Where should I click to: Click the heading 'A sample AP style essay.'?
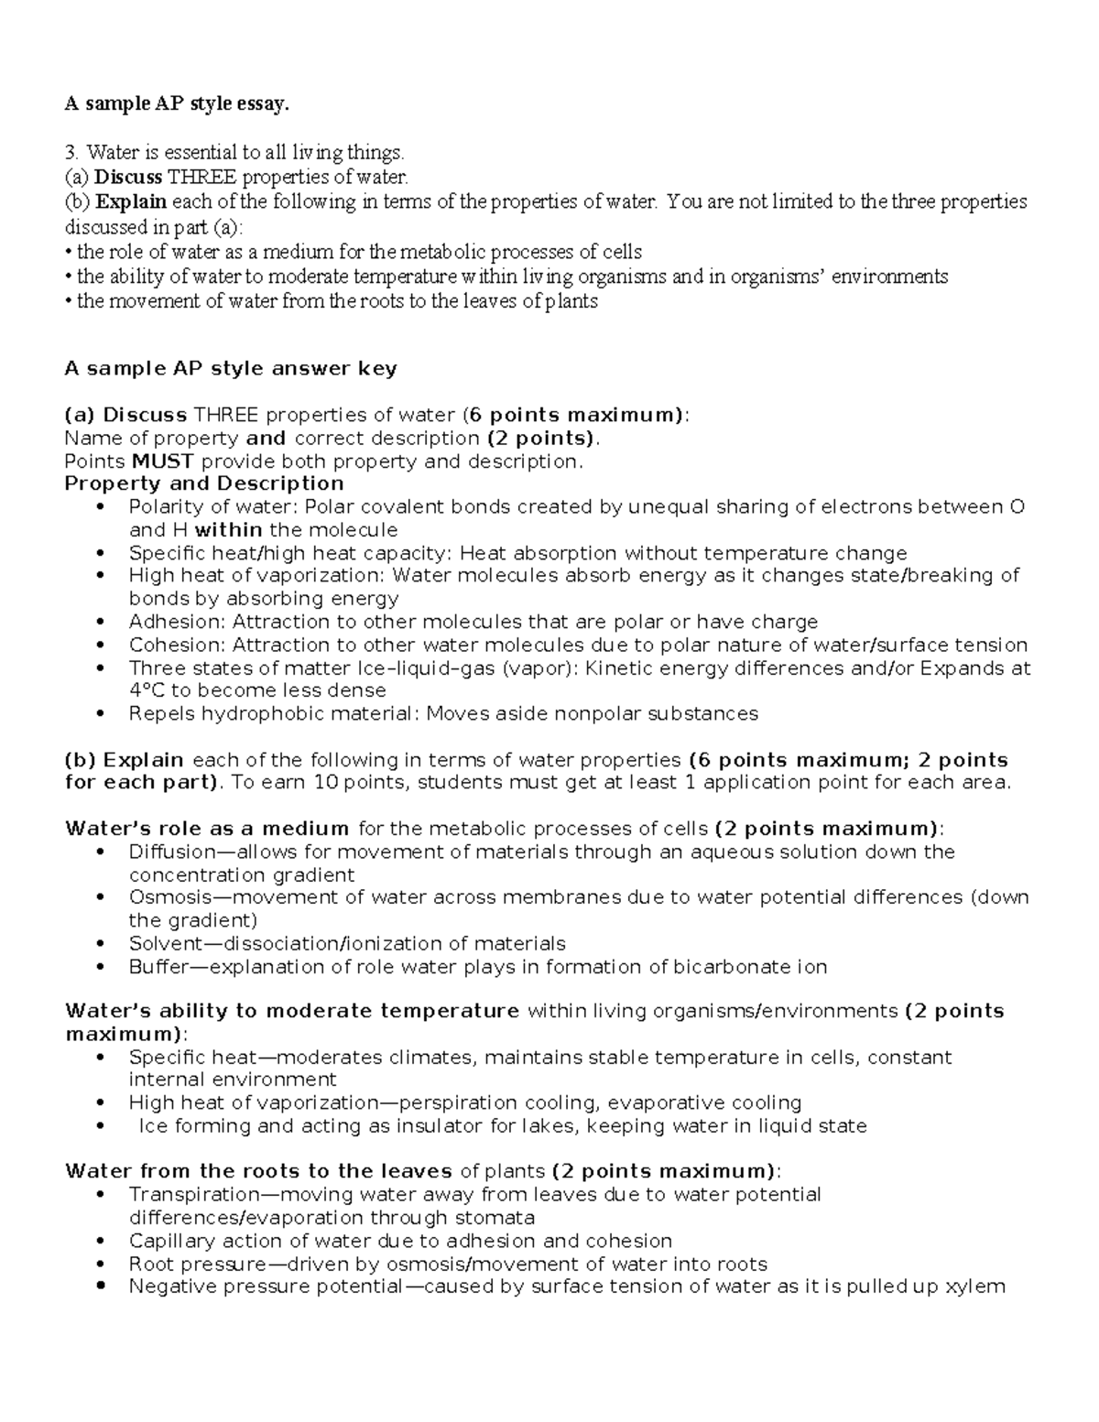176,104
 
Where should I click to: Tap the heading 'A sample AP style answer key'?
231,369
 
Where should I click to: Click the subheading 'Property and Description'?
204,483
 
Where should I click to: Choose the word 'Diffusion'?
171,852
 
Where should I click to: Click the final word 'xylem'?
978,1286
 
